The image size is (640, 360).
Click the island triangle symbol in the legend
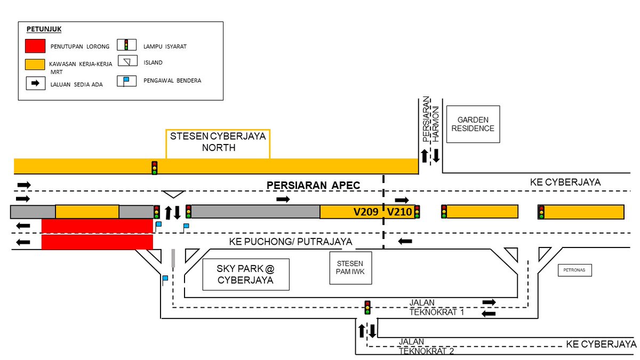pyautogui.click(x=127, y=62)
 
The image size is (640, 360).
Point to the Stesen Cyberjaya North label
pyautogui.click(x=218, y=142)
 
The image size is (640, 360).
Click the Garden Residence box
pyautogui.click(x=473, y=124)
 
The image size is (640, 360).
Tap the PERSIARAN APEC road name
pyautogui.click(x=314, y=186)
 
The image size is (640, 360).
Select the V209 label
pyautogui.click(x=365, y=212)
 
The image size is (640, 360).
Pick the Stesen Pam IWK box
pyautogui.click(x=349, y=267)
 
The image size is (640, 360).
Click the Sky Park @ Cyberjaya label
pyautogui.click(x=246, y=275)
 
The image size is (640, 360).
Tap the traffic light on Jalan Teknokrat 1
pyautogui.click(x=367, y=308)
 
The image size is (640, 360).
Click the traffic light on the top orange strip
pyautogui.click(x=155, y=167)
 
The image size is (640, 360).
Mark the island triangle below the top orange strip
pyautogui.click(x=173, y=194)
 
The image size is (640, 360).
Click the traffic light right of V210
pyautogui.click(x=417, y=212)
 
